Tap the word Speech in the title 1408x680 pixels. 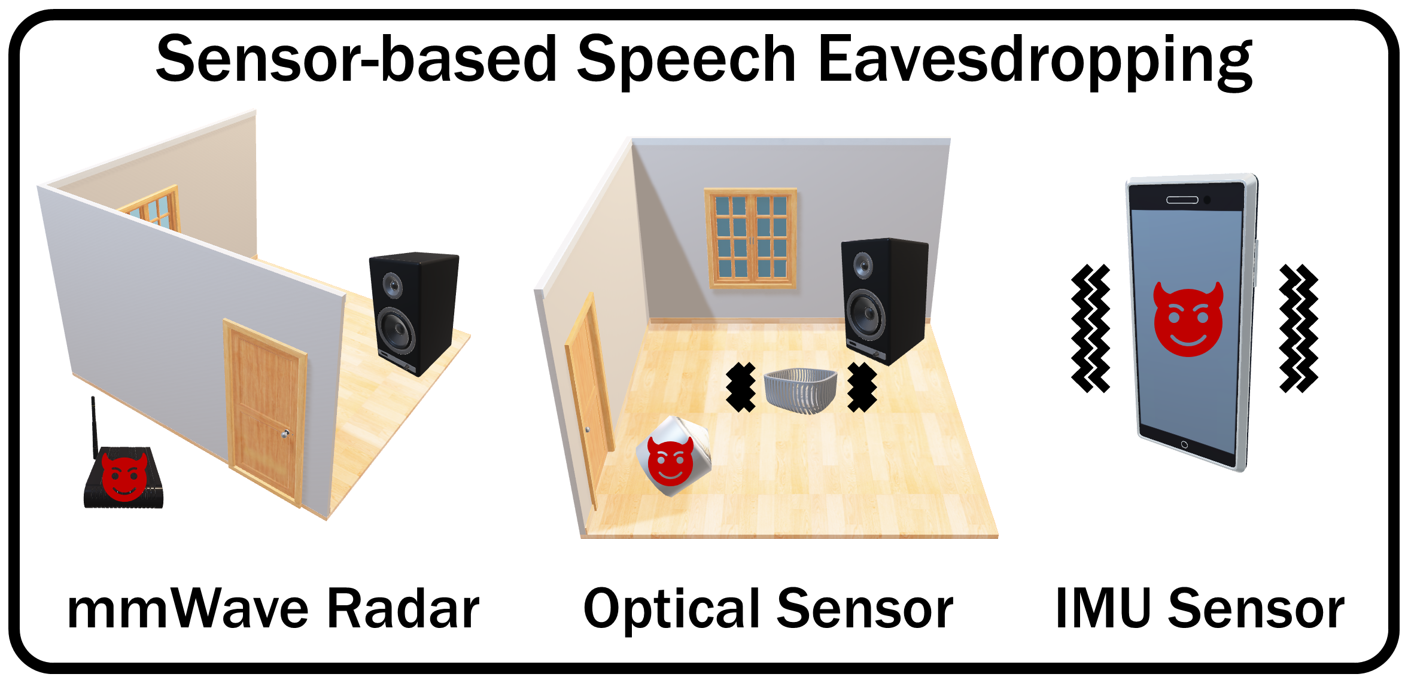point(686,58)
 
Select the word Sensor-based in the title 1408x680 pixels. point(357,58)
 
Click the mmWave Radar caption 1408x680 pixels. point(274,608)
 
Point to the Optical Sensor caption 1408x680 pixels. point(768,609)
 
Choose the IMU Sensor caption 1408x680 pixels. point(1200,608)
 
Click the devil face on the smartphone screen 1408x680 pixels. point(1188,319)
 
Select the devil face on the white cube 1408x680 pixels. point(670,461)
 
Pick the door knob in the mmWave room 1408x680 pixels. point(285,433)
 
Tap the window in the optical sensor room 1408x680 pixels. point(751,238)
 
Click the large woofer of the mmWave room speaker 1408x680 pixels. point(396,331)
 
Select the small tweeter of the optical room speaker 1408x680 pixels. point(863,266)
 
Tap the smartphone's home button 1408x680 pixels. point(1184,444)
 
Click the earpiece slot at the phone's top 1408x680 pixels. point(1182,200)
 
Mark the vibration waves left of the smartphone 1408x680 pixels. point(1090,328)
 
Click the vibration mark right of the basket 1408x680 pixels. point(862,387)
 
